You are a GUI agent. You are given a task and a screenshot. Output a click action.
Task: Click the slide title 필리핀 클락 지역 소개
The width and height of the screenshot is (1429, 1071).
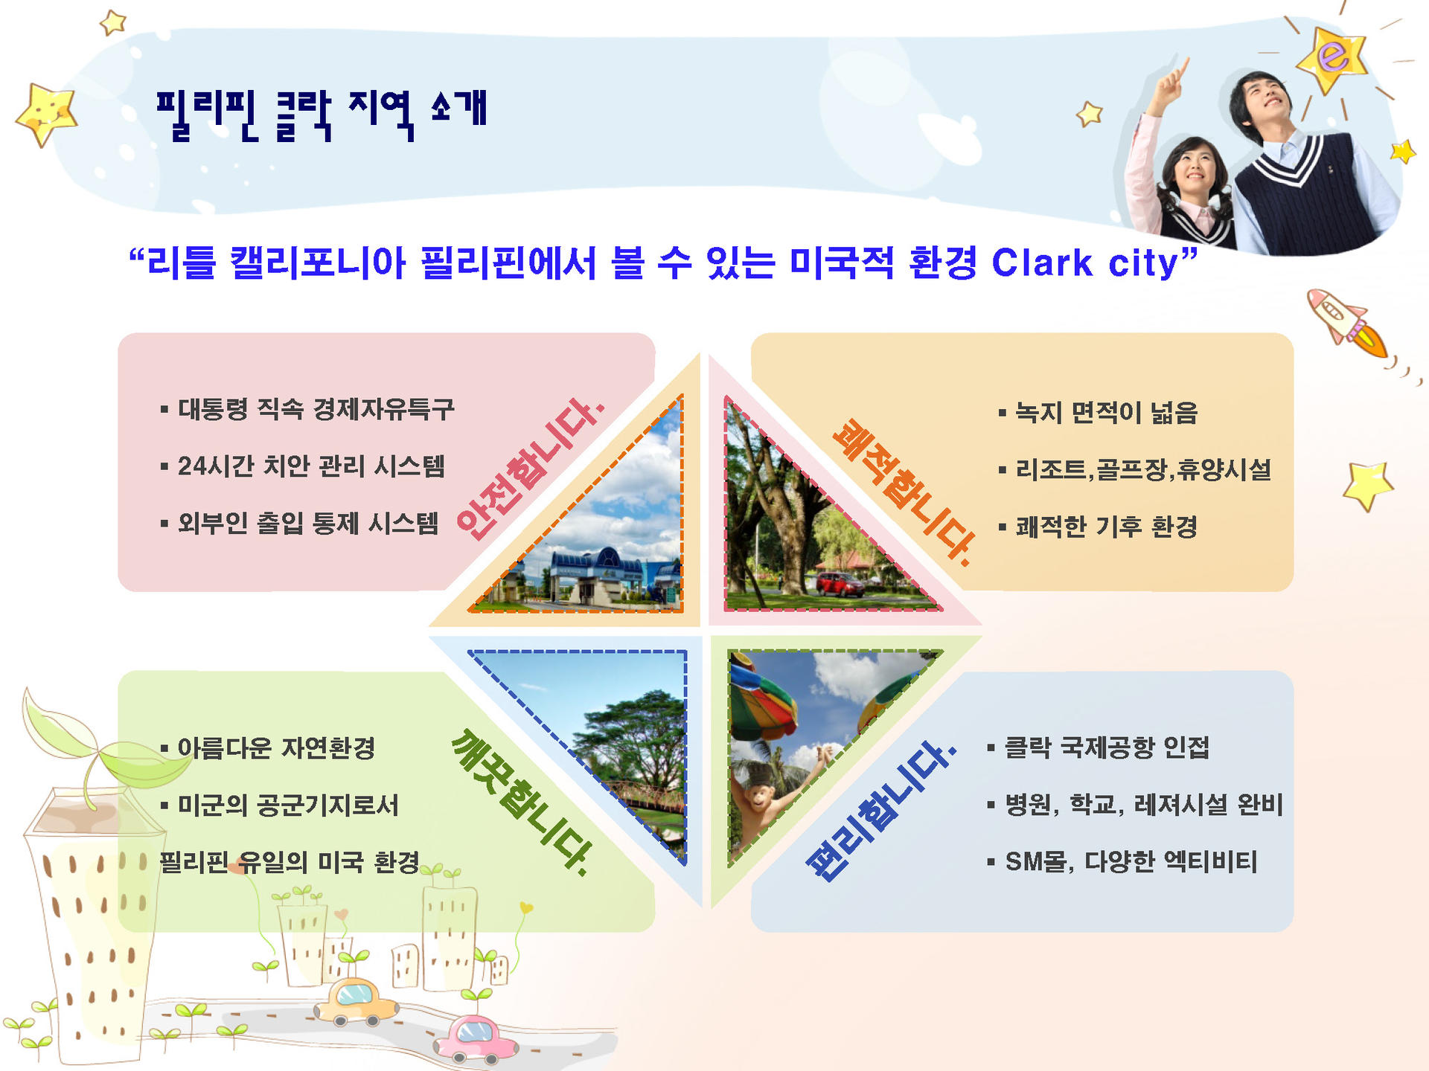(x=322, y=115)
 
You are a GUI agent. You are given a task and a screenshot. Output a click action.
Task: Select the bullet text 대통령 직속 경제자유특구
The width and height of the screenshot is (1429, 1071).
(x=316, y=408)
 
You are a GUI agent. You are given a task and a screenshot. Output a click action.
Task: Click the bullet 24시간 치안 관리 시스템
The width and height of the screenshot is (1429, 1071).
(x=311, y=466)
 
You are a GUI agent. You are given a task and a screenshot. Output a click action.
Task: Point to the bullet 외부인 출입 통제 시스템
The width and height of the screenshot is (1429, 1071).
(x=308, y=524)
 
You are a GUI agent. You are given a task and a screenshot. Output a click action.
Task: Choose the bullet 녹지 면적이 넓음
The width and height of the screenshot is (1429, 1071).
(x=1107, y=412)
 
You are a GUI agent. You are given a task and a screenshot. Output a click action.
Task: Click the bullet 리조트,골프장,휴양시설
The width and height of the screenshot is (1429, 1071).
(x=1143, y=469)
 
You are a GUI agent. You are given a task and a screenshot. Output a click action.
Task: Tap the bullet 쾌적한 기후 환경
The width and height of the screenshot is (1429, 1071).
(x=1107, y=527)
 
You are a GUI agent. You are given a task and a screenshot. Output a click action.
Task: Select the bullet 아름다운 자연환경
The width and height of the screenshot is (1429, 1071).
(x=276, y=747)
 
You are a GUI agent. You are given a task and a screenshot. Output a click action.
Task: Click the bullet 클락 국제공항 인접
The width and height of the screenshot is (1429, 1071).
(x=1107, y=747)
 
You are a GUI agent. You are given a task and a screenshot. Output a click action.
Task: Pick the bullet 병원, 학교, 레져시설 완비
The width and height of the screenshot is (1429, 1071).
(x=1144, y=804)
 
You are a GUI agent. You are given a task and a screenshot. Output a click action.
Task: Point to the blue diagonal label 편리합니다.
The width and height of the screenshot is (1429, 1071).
(x=880, y=811)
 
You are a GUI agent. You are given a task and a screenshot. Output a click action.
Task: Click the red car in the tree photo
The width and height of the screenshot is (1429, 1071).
(x=840, y=584)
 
